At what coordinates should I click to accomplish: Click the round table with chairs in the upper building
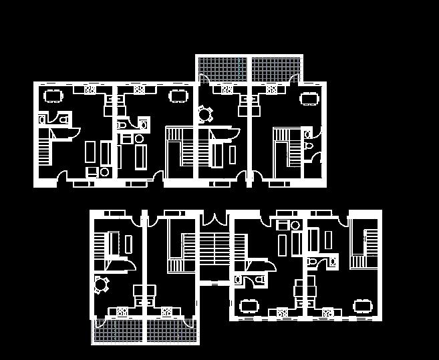pyautogui.click(x=204, y=115)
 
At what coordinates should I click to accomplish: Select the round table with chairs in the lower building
pyautogui.click(x=101, y=285)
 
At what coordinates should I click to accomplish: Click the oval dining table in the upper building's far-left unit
pyautogui.click(x=52, y=95)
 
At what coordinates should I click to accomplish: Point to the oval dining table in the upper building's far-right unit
pyautogui.click(x=309, y=99)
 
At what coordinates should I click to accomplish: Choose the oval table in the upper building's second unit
pyautogui.click(x=178, y=96)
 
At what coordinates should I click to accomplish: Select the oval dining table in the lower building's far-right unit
pyautogui.click(x=363, y=306)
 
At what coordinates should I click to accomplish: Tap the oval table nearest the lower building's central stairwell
pyautogui.click(x=249, y=306)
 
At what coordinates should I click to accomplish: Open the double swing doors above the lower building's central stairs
pyautogui.click(x=214, y=219)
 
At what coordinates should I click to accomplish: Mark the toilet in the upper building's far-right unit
pyautogui.click(x=308, y=146)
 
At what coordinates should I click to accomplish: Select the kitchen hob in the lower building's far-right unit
pyautogui.click(x=327, y=312)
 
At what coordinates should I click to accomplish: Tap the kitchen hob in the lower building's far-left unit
pyautogui.click(x=122, y=311)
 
